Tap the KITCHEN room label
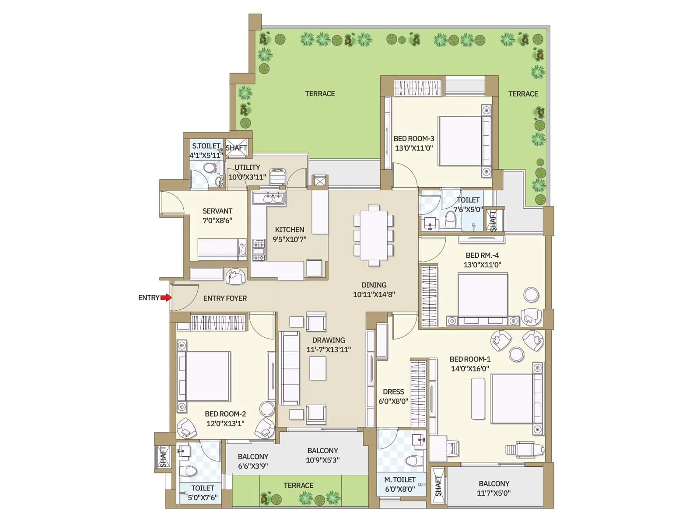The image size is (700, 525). point(289,230)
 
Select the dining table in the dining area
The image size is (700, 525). point(374,236)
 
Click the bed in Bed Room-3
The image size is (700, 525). point(463,140)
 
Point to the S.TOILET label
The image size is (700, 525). point(206,146)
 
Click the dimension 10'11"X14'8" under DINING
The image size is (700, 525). point(374,294)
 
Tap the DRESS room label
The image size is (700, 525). point(393,392)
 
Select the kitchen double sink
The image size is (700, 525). point(269,199)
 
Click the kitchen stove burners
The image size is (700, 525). point(259,250)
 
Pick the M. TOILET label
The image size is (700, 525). point(400,480)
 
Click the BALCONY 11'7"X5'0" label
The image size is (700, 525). point(494,488)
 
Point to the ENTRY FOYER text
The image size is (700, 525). point(225,298)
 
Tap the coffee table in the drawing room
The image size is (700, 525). point(318,368)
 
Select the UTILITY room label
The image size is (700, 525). point(247,168)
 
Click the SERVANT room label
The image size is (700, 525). point(217,211)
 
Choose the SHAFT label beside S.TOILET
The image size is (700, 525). point(236,148)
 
